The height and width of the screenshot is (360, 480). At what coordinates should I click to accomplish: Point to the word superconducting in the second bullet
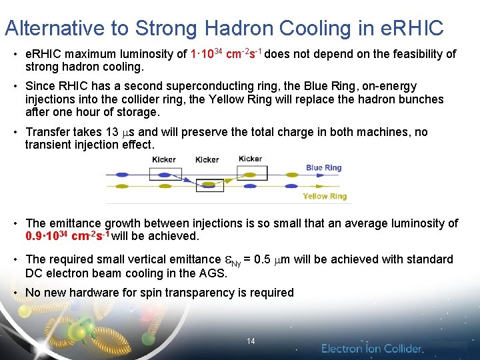click(x=223, y=86)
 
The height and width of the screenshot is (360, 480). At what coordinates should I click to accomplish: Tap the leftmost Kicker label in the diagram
click(x=164, y=159)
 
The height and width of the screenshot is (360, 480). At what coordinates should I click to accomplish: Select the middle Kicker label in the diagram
click(x=207, y=160)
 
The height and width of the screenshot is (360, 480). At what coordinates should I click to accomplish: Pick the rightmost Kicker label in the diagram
click(x=250, y=159)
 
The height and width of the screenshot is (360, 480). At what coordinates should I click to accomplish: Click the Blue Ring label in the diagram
click(x=323, y=168)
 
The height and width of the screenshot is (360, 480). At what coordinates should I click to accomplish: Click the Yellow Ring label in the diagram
click(x=325, y=196)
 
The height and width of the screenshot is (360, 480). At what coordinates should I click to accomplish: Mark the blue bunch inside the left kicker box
click(x=163, y=175)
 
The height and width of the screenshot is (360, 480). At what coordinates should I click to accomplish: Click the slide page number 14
click(x=251, y=341)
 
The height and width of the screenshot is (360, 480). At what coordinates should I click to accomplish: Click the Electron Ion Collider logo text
click(x=372, y=349)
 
